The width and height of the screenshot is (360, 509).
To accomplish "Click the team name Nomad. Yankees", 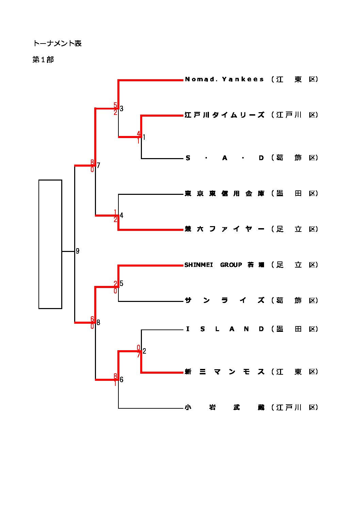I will coord(224,79).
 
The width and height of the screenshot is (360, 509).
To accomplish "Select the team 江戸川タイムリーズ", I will coord(224,115).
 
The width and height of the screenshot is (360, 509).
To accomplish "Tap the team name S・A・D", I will coord(224,158).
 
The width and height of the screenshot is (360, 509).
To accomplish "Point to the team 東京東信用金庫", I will coord(224,193).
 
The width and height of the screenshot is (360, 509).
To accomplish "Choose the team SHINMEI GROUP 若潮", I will coord(224,265).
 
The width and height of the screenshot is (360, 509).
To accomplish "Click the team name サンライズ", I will coord(224,301).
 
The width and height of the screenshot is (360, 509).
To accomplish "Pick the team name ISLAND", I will coord(224,329).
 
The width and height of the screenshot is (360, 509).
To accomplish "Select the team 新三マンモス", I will coord(224,372).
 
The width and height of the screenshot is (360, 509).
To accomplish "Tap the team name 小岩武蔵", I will coord(224,407).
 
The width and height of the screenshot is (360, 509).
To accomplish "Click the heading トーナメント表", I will coord(57,44).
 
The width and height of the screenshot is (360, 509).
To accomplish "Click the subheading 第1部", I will coord(43,60).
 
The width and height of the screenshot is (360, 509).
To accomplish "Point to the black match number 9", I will coord(78,251).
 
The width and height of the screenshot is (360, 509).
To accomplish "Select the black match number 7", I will coord(98,166).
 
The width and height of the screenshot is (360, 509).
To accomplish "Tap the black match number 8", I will coord(98,323).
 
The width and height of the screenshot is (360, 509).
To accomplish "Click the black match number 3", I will coord(121,109).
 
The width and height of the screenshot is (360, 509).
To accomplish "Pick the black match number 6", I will coord(121,380).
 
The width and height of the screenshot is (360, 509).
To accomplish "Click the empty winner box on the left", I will coord(50,244).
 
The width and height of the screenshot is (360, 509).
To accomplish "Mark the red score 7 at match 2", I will coord(139,355).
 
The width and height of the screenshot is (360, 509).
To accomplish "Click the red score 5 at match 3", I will coord(115,105).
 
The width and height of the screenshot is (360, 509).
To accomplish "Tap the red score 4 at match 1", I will coord(138,133).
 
